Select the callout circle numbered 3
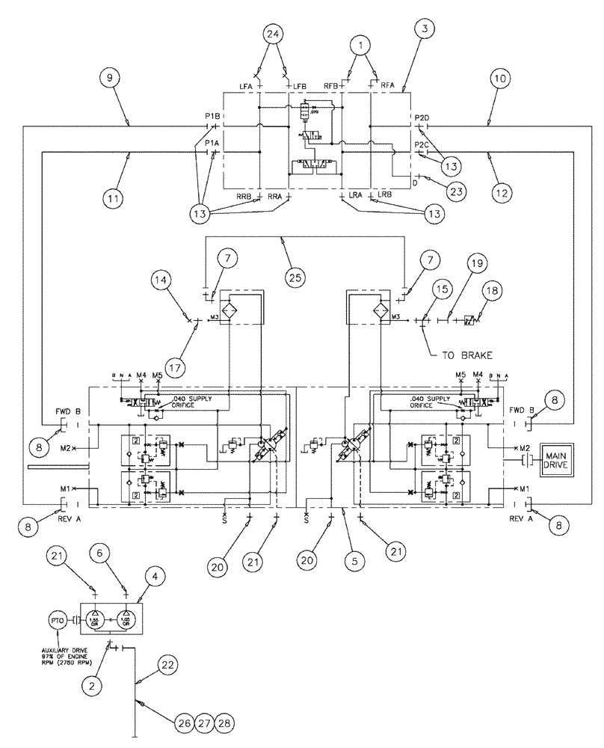424,30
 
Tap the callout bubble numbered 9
108,76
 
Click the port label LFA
245,88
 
